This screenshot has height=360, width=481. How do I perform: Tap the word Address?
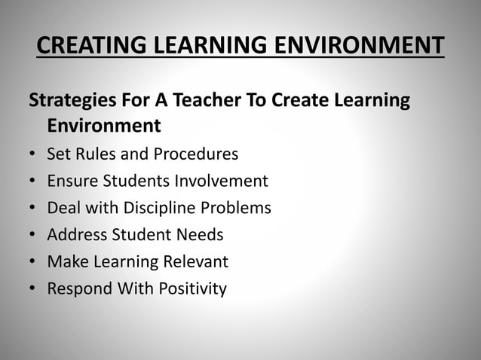(x=77, y=235)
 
